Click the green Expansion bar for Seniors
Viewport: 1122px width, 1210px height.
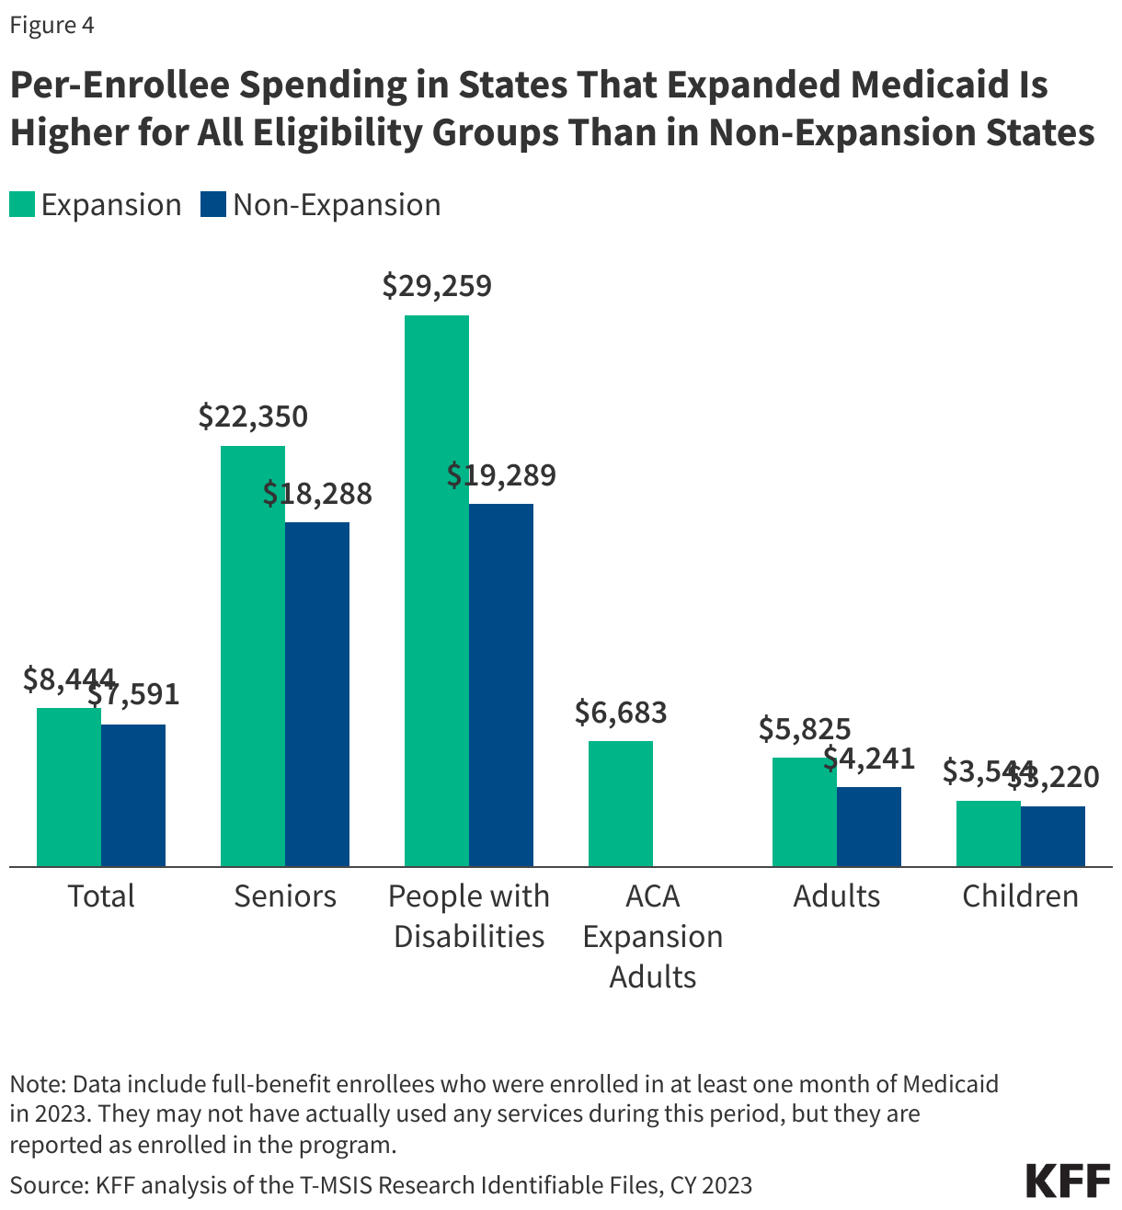point(252,655)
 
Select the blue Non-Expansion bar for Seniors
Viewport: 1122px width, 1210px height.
point(316,693)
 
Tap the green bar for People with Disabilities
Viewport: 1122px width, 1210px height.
point(436,589)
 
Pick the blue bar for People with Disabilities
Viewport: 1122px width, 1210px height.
point(500,684)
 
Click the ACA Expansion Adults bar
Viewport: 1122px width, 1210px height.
point(620,803)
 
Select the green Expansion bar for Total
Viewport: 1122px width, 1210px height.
point(68,786)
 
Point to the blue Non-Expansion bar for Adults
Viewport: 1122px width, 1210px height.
point(868,826)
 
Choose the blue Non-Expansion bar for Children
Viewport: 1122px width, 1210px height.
point(1052,836)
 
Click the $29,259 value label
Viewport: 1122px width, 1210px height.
point(437,286)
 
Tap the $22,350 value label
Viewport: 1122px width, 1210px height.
point(253,417)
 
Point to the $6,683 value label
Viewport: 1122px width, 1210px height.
point(621,712)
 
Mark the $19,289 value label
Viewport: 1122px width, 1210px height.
point(501,475)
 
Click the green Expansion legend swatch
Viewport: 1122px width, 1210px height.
point(22,204)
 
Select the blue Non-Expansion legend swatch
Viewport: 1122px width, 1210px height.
point(213,204)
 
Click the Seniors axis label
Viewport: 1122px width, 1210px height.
point(285,896)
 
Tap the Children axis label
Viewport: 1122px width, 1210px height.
point(1020,896)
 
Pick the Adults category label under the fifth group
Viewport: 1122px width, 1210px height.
point(837,896)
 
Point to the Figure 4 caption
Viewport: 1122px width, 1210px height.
point(52,25)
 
